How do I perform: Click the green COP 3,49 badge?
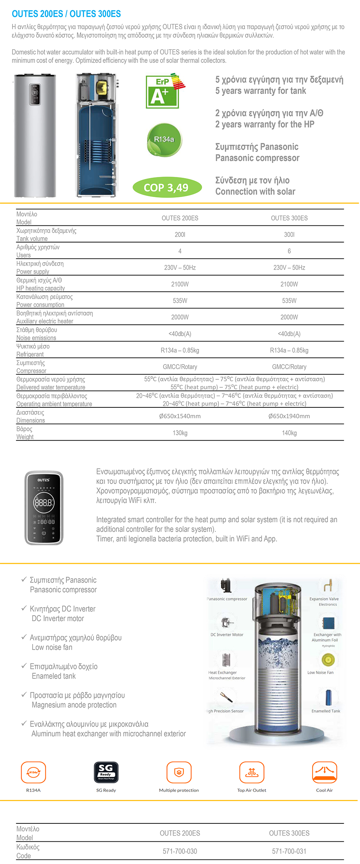pyautogui.click(x=167, y=187)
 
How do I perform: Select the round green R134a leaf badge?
pyautogui.click(x=164, y=140)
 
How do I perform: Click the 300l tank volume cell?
pyautogui.click(x=289, y=235)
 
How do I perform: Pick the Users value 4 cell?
pyautogui.click(x=180, y=251)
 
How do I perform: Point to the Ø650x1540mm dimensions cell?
pyautogui.click(x=180, y=416)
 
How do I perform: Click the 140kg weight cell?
pyautogui.click(x=289, y=433)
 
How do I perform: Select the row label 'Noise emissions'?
pyautogui.click(x=36, y=338)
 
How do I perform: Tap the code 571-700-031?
pyautogui.click(x=289, y=851)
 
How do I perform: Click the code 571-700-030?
pyautogui.click(x=180, y=851)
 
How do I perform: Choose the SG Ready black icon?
pyautogui.click(x=106, y=772)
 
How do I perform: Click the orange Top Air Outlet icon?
pyautogui.click(x=252, y=772)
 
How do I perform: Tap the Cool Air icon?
pyautogui.click(x=324, y=772)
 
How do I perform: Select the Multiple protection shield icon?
pyautogui.click(x=179, y=772)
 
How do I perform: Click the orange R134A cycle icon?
pyautogui.click(x=33, y=772)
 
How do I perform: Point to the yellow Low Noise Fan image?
pyautogui.click(x=328, y=660)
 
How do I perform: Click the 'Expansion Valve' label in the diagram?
pyautogui.click(x=324, y=599)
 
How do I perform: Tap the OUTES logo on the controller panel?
pyautogui.click(x=44, y=480)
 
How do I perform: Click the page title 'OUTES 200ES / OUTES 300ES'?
pyautogui.click(x=66, y=14)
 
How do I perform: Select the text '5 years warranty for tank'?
pyautogui.click(x=261, y=91)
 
